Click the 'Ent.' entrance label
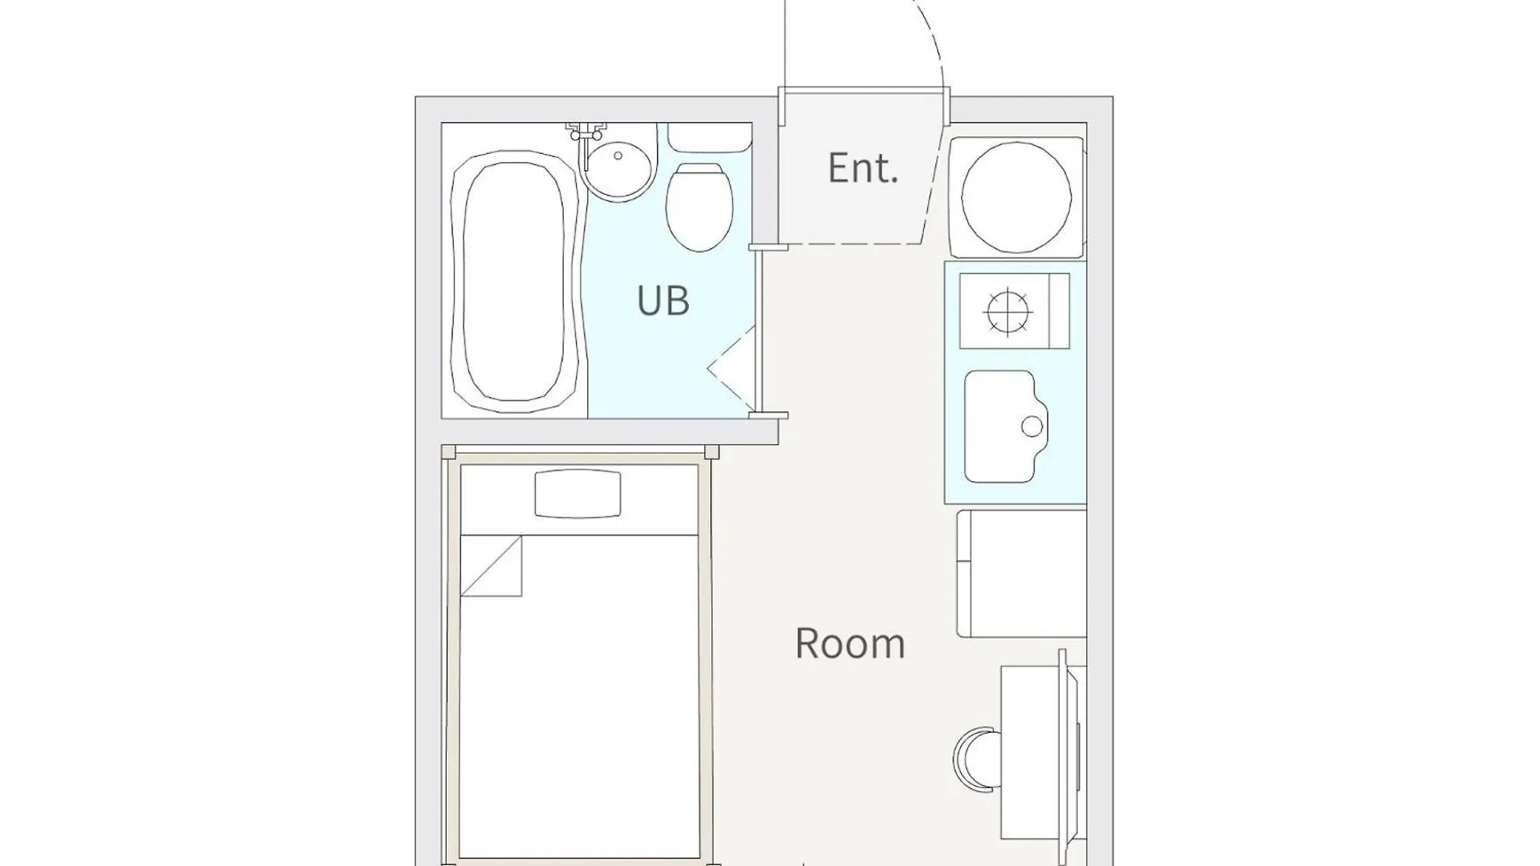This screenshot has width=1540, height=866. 862,168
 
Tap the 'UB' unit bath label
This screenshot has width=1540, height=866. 663,301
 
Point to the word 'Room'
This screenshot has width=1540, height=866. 850,643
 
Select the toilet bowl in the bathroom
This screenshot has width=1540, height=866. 699,207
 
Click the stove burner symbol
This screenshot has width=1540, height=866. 1007,311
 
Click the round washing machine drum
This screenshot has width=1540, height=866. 1016,198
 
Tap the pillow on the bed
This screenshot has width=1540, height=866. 577,493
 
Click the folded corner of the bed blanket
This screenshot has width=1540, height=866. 491,566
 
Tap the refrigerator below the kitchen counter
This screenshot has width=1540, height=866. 1021,573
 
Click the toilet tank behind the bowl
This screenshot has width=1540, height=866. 710,137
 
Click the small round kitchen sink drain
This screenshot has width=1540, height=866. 1033,427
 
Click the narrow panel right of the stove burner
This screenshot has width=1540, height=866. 1060,311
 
